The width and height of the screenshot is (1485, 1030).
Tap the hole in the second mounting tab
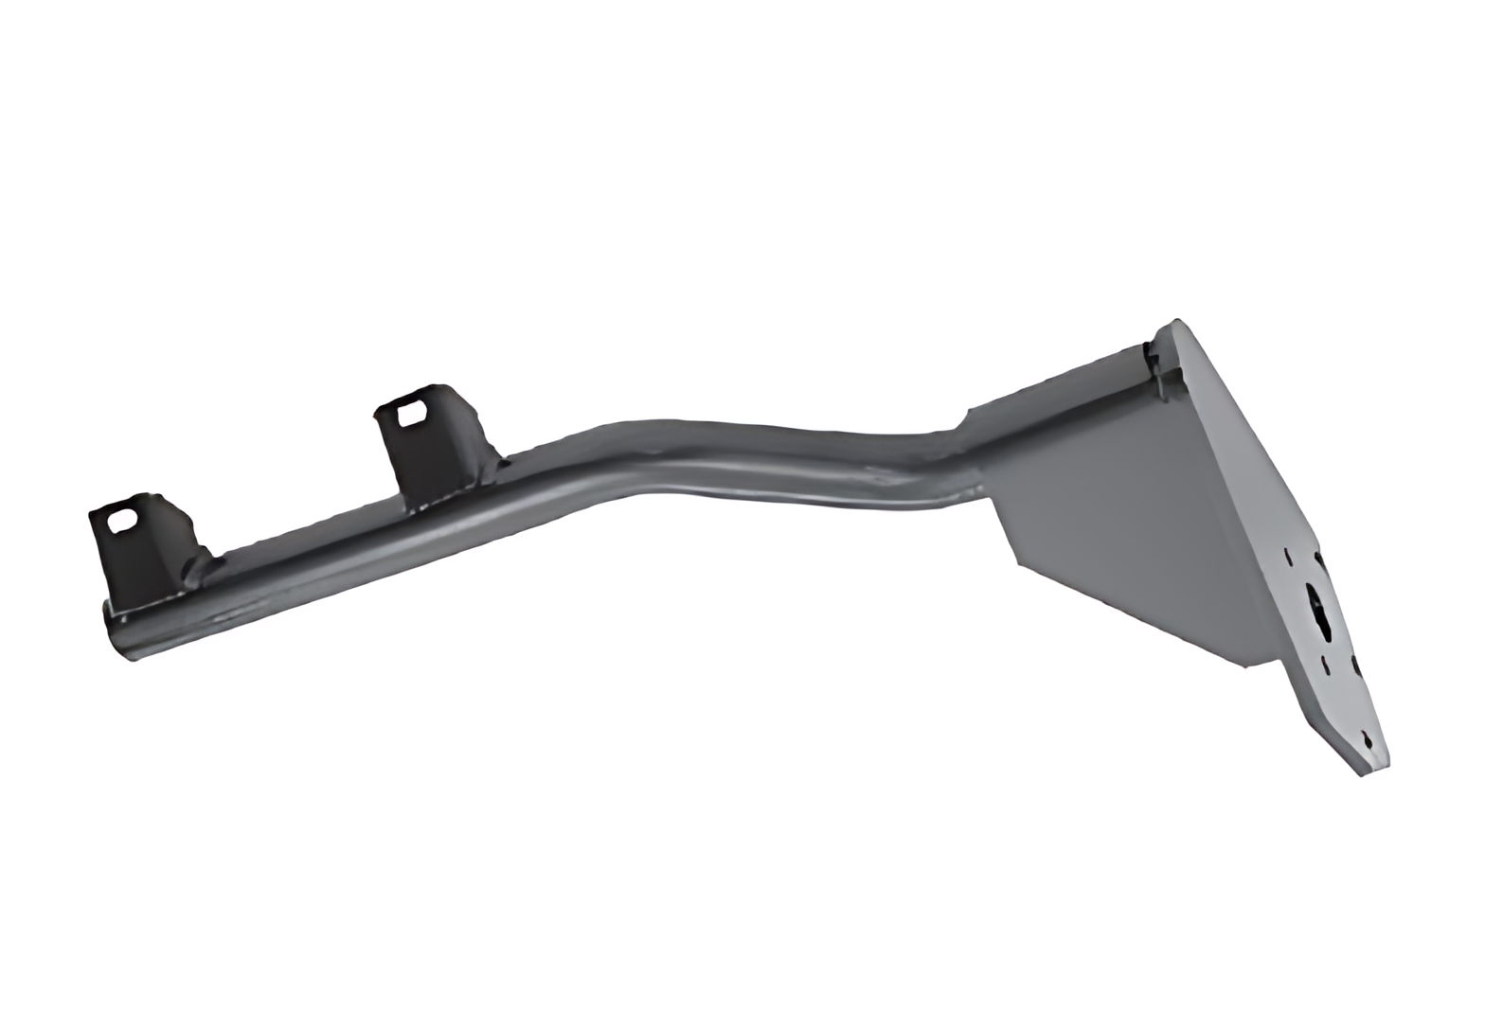coord(411,414)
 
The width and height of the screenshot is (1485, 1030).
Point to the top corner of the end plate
coord(1176,324)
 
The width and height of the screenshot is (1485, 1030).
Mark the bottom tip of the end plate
coord(1364,772)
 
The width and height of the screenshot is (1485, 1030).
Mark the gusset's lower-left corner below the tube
coord(1018,566)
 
